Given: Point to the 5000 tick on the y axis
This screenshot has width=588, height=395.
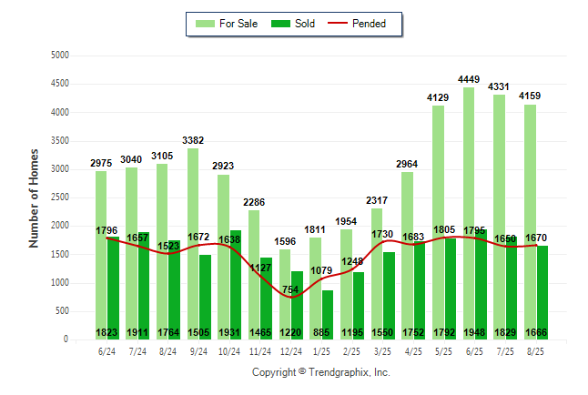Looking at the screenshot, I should coord(60,56).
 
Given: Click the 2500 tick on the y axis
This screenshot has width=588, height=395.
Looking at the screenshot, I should coord(60,197).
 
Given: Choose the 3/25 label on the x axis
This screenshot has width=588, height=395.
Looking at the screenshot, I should coord(383,350).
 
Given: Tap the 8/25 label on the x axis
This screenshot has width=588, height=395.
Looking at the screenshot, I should coord(537,350).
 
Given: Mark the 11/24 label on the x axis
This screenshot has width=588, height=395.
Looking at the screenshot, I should coord(260,350).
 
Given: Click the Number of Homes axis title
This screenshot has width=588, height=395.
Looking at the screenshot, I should coord(35,197).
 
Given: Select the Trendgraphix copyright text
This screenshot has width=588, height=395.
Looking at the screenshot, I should coord(320,372).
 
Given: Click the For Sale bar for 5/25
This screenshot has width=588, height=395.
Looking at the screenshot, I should coord(439,218).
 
